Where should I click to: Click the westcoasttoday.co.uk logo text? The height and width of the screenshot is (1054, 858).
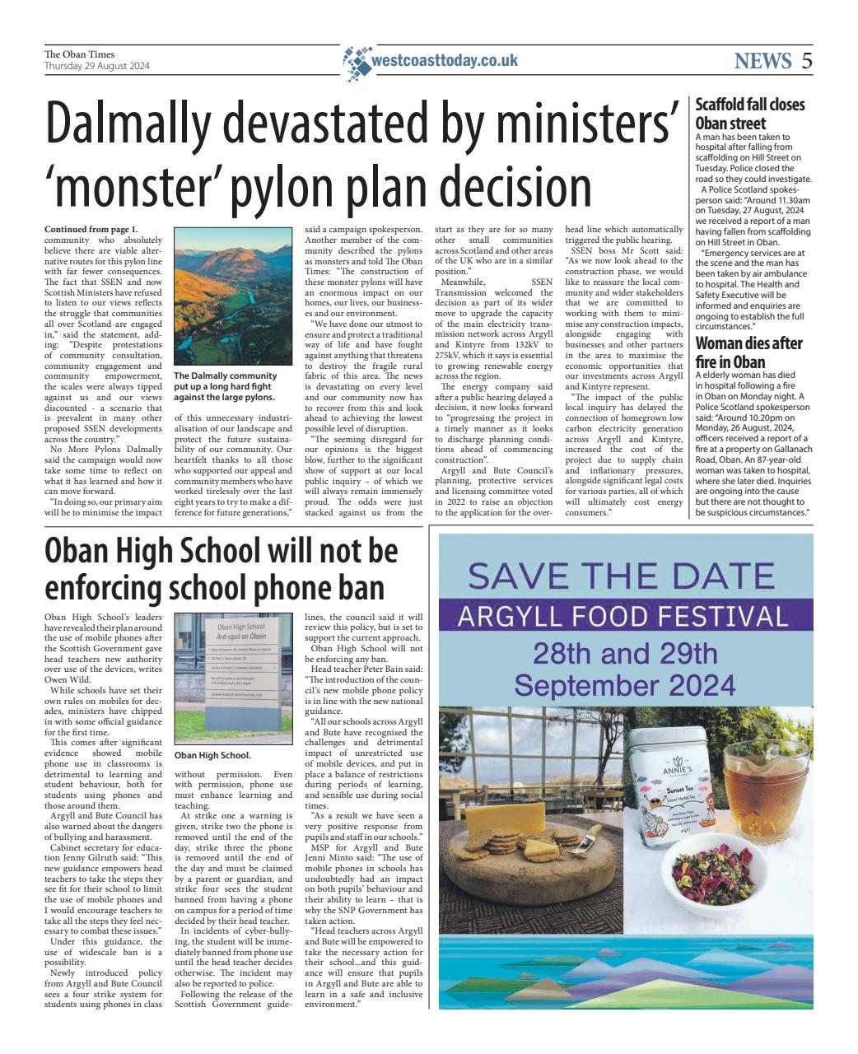coord(445,60)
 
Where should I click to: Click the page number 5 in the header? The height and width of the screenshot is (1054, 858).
coord(806,60)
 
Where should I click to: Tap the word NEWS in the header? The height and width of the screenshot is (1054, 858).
coord(762,60)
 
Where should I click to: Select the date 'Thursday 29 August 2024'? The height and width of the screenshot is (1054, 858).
coord(96,66)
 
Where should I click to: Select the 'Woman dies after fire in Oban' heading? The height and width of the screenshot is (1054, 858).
coord(748,352)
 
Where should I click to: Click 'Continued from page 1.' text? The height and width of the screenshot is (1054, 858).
coord(91,228)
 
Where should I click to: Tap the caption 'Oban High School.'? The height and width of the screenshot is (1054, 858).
coord(212,755)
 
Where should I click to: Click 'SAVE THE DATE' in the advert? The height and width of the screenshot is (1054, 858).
coord(625,577)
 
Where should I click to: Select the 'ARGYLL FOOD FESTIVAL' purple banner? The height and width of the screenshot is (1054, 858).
coord(625,615)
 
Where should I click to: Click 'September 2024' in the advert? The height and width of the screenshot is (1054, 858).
coord(625,684)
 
